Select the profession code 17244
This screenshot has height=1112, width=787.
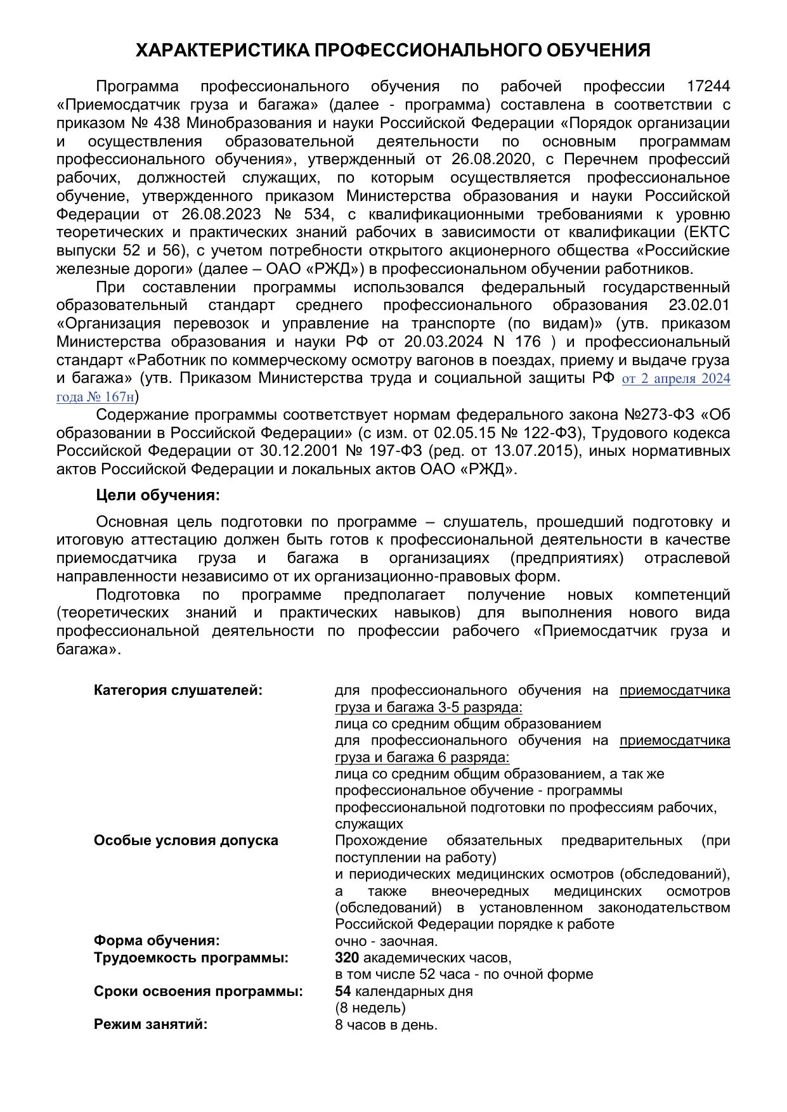[708, 86]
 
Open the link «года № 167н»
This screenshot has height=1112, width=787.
[96, 398]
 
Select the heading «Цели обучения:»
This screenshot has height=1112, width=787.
[158, 495]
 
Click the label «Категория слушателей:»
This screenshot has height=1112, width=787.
[178, 690]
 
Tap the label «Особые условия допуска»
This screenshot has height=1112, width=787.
[186, 841]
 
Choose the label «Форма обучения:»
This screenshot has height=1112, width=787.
[157, 941]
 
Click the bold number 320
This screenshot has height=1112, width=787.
[347, 957]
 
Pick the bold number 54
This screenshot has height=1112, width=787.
[342, 991]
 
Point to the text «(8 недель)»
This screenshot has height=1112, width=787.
[370, 1007]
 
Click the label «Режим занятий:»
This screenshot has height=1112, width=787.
[151, 1024]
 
